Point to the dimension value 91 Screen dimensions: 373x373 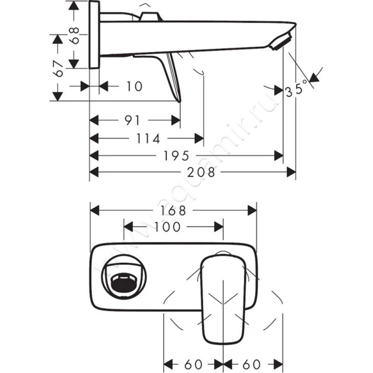pyautogui.click(x=132, y=120)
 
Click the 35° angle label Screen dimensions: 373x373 pyautogui.click(x=297, y=88)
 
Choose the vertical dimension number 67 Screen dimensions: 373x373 pyautogui.click(x=58, y=69)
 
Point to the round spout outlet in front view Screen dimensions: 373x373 pyautogui.click(x=123, y=278)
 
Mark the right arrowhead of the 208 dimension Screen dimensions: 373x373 pyautogui.click(x=292, y=172)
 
